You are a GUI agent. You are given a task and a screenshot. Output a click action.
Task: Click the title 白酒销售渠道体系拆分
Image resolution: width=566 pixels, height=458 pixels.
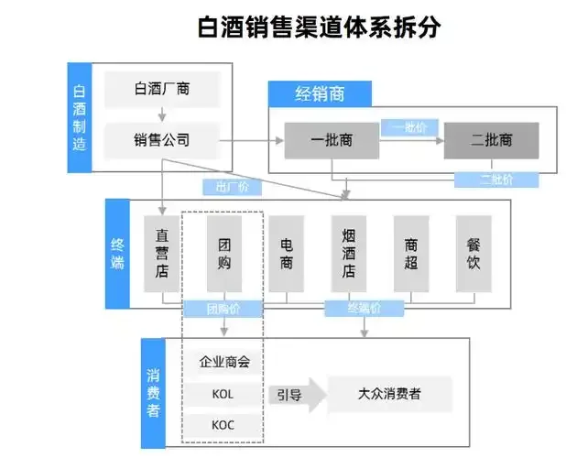(319, 27)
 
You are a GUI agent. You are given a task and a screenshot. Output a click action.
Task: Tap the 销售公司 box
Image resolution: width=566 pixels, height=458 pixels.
(162, 140)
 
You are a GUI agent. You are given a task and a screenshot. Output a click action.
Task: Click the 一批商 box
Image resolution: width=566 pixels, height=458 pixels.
(332, 140)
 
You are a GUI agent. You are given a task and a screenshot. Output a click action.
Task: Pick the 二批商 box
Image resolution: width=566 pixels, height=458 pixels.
(491, 140)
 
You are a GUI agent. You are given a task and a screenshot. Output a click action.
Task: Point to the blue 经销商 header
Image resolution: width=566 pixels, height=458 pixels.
(319, 93)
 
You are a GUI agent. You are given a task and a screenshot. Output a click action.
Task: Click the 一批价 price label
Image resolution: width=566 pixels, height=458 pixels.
(411, 126)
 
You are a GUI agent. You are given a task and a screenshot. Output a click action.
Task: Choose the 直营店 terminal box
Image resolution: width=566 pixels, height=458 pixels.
(162, 254)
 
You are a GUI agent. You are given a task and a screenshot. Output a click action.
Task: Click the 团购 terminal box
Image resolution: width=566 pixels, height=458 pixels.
(224, 254)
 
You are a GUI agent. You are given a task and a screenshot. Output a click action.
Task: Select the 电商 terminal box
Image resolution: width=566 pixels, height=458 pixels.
(287, 254)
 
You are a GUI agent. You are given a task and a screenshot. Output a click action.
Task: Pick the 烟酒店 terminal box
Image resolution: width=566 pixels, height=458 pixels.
(349, 254)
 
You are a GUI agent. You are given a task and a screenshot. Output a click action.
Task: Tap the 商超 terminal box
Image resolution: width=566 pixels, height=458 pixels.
(411, 254)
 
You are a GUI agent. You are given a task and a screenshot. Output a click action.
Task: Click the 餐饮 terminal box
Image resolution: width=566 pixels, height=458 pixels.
(473, 254)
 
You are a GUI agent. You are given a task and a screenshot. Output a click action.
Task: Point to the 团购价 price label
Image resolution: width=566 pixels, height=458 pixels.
(223, 309)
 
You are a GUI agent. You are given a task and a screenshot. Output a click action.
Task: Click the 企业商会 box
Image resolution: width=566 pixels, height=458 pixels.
(224, 362)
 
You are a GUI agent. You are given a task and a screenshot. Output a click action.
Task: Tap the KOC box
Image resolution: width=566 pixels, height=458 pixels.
(223, 425)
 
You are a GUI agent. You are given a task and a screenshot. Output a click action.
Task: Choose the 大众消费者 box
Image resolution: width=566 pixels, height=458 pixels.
(389, 394)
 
